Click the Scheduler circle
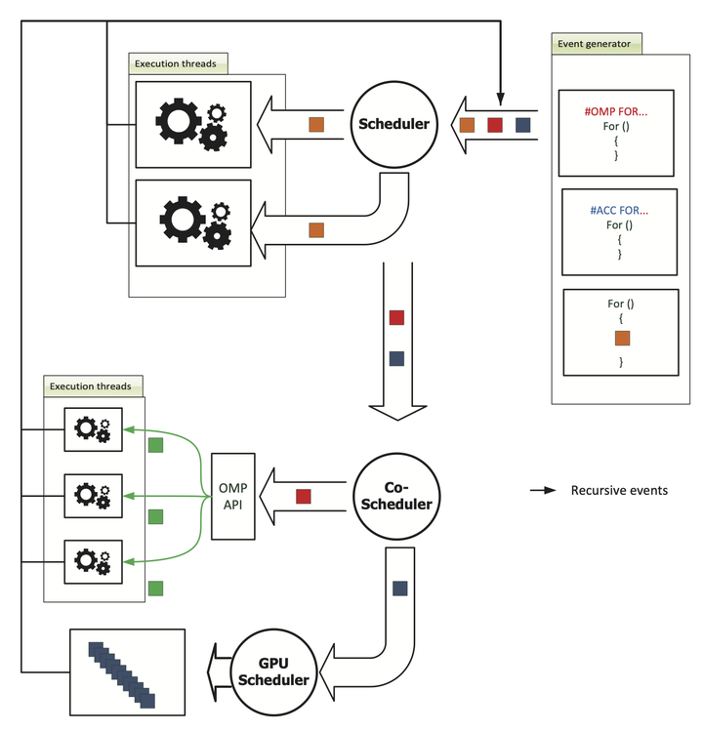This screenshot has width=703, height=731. coord(392,124)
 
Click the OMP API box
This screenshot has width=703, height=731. coord(232,495)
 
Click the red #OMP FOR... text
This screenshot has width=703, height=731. coord(617,112)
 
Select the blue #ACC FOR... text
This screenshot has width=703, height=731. coord(619,210)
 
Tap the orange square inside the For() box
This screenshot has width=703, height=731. coord(622,338)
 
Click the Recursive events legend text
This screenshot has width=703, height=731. coord(619,490)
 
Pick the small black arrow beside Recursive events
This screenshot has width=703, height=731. coord(543,490)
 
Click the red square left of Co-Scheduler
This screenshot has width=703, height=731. coord(304,496)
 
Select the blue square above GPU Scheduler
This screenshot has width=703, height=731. coord(399,589)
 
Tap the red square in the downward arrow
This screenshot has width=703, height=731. coord(396,317)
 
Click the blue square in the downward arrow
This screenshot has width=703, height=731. coord(396,358)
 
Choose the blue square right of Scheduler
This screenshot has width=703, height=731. coord(523,125)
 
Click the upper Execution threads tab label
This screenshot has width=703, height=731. coord(179,64)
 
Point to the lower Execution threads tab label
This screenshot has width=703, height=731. coord(94,386)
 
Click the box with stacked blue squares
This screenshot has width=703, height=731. coord(127,672)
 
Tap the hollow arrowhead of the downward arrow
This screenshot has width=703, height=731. coord(396,408)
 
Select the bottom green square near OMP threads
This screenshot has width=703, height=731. coord(155,588)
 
